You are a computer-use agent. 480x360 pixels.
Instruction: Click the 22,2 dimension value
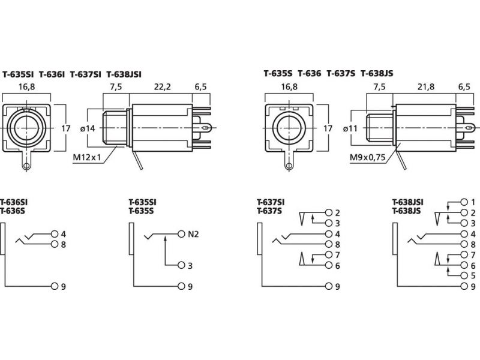tap(162, 87)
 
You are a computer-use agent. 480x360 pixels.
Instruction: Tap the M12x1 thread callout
tap(86, 157)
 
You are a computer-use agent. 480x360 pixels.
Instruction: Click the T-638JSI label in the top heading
tap(124, 74)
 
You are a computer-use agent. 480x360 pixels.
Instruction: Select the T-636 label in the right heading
tap(310, 74)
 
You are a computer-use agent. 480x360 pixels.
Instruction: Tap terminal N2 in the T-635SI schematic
tap(181, 233)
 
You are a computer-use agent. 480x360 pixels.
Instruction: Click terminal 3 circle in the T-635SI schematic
tap(181, 265)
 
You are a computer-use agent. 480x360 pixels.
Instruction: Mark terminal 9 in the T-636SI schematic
tap(55, 286)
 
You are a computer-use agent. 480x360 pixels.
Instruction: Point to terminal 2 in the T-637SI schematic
tap(328, 212)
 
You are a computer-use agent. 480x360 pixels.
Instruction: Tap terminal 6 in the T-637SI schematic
tap(328, 265)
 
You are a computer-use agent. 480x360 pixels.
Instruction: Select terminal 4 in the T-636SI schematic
tap(55, 233)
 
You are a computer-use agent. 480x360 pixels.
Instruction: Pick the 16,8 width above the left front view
tap(26, 87)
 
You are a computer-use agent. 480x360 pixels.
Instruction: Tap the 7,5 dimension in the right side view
tap(380, 87)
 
